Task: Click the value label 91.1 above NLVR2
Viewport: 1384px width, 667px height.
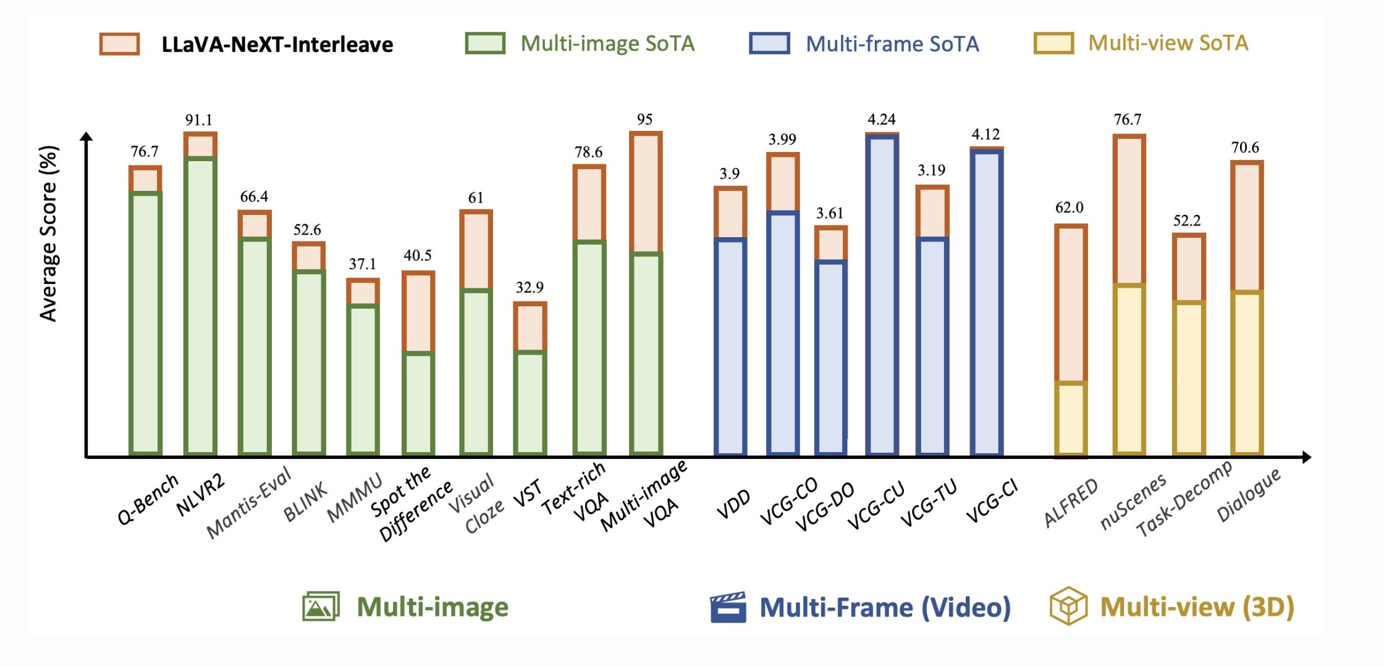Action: (x=198, y=120)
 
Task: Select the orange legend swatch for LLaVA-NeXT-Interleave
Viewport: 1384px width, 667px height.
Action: (x=119, y=44)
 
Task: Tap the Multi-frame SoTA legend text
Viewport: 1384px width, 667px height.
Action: (x=892, y=44)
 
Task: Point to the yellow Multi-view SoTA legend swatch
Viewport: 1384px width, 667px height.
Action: (x=1053, y=44)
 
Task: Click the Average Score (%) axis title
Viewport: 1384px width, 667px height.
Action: (x=48, y=233)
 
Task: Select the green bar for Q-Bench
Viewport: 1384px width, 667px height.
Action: (x=145, y=324)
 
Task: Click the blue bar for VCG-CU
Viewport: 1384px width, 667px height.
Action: (x=882, y=295)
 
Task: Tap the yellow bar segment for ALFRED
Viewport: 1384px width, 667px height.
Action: (x=1070, y=419)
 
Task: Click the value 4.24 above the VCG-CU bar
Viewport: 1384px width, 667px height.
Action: (x=881, y=119)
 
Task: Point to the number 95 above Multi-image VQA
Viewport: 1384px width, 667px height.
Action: (x=644, y=119)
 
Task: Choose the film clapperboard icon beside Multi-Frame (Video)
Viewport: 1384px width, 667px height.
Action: (x=728, y=607)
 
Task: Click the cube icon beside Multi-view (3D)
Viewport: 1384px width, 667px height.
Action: (x=1068, y=606)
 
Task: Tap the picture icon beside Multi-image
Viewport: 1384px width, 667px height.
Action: (x=321, y=606)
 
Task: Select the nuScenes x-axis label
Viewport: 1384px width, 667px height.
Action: (x=1133, y=501)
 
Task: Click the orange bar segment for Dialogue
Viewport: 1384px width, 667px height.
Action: (x=1247, y=227)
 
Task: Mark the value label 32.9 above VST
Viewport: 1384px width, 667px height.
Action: (x=530, y=287)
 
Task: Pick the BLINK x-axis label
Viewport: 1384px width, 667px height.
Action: (x=305, y=503)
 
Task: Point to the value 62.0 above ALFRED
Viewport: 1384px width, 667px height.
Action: (x=1069, y=208)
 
